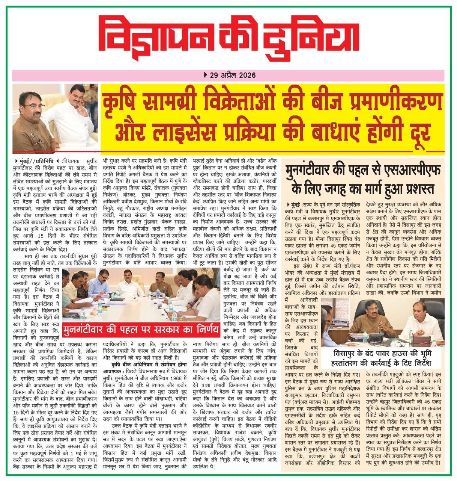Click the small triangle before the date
click(x=204, y=75)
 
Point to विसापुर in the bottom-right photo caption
click(x=347, y=354)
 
